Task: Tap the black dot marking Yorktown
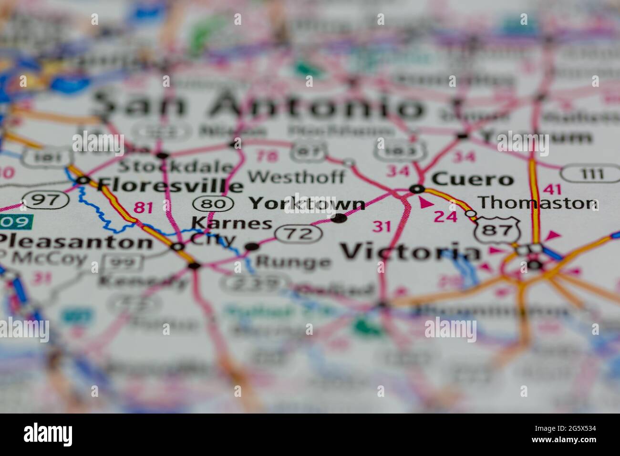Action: click(x=339, y=218)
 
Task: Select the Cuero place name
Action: click(x=472, y=180)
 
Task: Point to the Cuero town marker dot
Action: click(x=418, y=189)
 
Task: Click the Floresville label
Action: click(x=170, y=185)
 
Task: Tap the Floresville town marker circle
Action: click(x=84, y=180)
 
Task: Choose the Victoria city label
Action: click(x=411, y=252)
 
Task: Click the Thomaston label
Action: click(x=537, y=203)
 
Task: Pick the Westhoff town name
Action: click(x=296, y=177)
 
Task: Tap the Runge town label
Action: click(x=293, y=262)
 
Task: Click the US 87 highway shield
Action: click(x=496, y=229)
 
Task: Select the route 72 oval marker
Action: click(x=299, y=234)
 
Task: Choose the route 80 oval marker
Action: click(x=213, y=204)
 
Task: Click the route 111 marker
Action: click(x=590, y=174)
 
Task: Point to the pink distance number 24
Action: click(x=445, y=217)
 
